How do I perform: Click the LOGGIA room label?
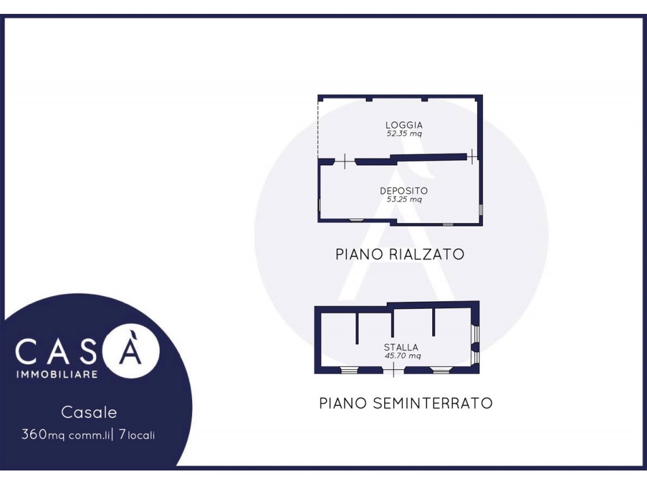[x=404, y=125]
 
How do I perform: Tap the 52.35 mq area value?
[x=404, y=134]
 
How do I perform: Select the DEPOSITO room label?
[x=404, y=191]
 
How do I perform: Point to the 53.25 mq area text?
[x=404, y=200]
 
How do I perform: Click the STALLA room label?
[x=401, y=347]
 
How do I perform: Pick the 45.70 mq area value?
[x=402, y=356]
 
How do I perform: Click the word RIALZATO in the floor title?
[x=426, y=254]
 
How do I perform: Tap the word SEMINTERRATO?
[x=433, y=403]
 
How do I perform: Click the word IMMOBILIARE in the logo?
[x=57, y=374]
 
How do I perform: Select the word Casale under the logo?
[x=89, y=412]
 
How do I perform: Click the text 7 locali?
[x=136, y=434]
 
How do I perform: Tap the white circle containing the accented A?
[x=131, y=350]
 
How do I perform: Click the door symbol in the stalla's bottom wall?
[x=393, y=369]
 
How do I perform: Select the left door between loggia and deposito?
[x=345, y=161]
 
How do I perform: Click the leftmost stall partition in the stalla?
[x=358, y=328]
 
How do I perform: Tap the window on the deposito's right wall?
[x=480, y=210]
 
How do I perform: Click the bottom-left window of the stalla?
[x=349, y=370]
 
